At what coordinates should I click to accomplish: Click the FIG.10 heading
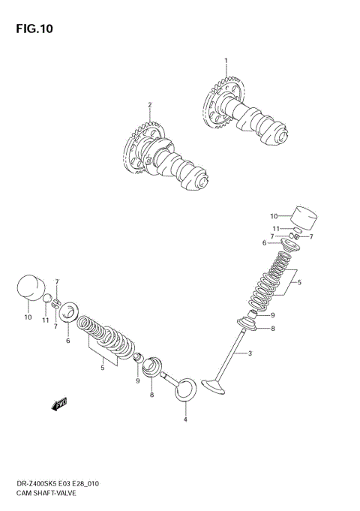[32, 29]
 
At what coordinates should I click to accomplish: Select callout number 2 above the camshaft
[149, 104]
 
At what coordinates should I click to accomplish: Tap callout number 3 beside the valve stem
[250, 353]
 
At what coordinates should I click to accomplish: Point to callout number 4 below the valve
[185, 419]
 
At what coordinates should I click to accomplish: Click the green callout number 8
[274, 328]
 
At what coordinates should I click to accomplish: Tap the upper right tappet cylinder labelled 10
[303, 218]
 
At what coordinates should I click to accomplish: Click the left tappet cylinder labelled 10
[29, 290]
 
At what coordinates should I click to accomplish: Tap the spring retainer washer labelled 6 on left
[68, 311]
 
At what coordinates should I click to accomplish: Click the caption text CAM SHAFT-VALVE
[43, 494]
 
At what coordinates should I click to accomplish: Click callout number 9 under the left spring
[137, 381]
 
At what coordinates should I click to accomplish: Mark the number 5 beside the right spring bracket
[298, 283]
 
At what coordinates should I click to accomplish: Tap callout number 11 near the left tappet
[45, 320]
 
